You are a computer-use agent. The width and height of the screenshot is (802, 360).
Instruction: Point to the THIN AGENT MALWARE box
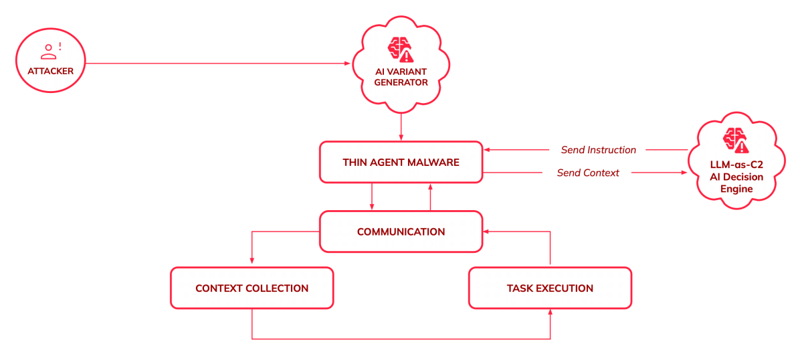pyautogui.click(x=401, y=162)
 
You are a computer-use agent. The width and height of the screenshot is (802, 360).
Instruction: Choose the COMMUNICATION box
pyautogui.click(x=401, y=232)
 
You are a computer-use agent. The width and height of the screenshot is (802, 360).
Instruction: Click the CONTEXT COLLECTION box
pyautogui.click(x=252, y=288)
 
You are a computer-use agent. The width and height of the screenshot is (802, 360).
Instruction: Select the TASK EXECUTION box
pyautogui.click(x=550, y=288)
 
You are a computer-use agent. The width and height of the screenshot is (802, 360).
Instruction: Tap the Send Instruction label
pyautogui.click(x=598, y=150)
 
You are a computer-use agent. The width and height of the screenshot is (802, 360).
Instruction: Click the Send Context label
pyautogui.click(x=588, y=173)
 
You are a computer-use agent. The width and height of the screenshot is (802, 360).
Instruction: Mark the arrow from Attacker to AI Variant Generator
pyautogui.click(x=221, y=64)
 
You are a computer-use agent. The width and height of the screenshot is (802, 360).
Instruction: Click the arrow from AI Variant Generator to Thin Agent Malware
pyautogui.click(x=401, y=127)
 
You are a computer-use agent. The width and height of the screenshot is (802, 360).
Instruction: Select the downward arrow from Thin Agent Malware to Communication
pyautogui.click(x=371, y=197)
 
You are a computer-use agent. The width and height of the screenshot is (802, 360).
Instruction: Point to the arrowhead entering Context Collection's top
pyautogui.click(x=252, y=261)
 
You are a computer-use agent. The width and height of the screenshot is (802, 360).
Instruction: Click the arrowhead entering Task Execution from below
pyautogui.click(x=550, y=313)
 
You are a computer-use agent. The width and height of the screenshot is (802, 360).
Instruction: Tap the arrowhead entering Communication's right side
pyautogui.click(x=487, y=232)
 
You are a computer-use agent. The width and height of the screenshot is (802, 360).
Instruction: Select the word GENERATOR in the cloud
pyautogui.click(x=401, y=83)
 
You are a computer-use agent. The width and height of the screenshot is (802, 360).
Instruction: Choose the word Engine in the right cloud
pyautogui.click(x=736, y=189)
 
